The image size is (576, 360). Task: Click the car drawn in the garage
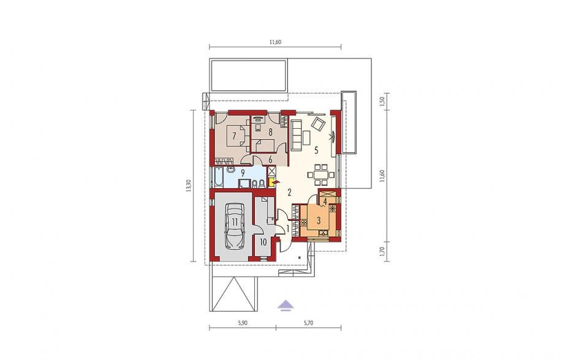point(235,226)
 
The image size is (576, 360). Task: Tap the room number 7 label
point(233,136)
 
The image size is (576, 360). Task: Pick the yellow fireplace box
point(272,182)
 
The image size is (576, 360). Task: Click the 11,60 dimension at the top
point(275,42)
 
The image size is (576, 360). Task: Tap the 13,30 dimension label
point(189,186)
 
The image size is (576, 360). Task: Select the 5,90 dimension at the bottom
point(243,323)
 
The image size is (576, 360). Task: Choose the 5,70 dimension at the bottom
point(309,323)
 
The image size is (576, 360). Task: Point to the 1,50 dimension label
point(382,101)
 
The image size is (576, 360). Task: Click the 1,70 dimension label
point(382,251)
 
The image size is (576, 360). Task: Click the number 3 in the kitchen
point(319,221)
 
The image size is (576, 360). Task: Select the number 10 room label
point(263,242)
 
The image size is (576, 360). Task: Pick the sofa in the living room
point(296,134)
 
